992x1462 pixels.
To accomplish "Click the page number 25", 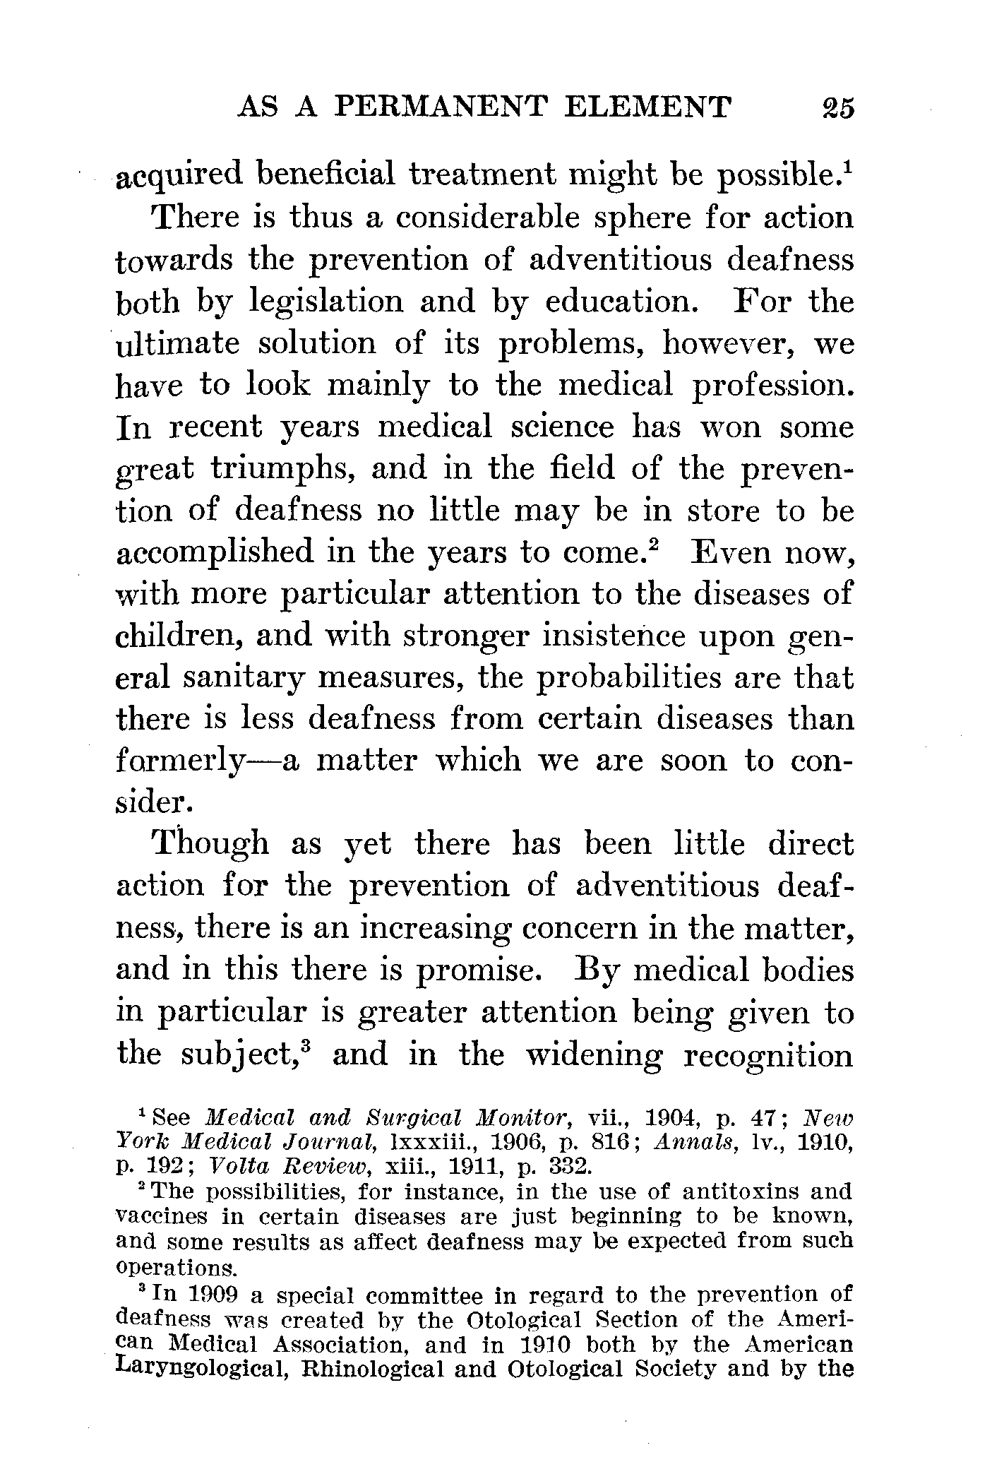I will coord(837,107).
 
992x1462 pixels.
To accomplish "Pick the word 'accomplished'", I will coord(214,553).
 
